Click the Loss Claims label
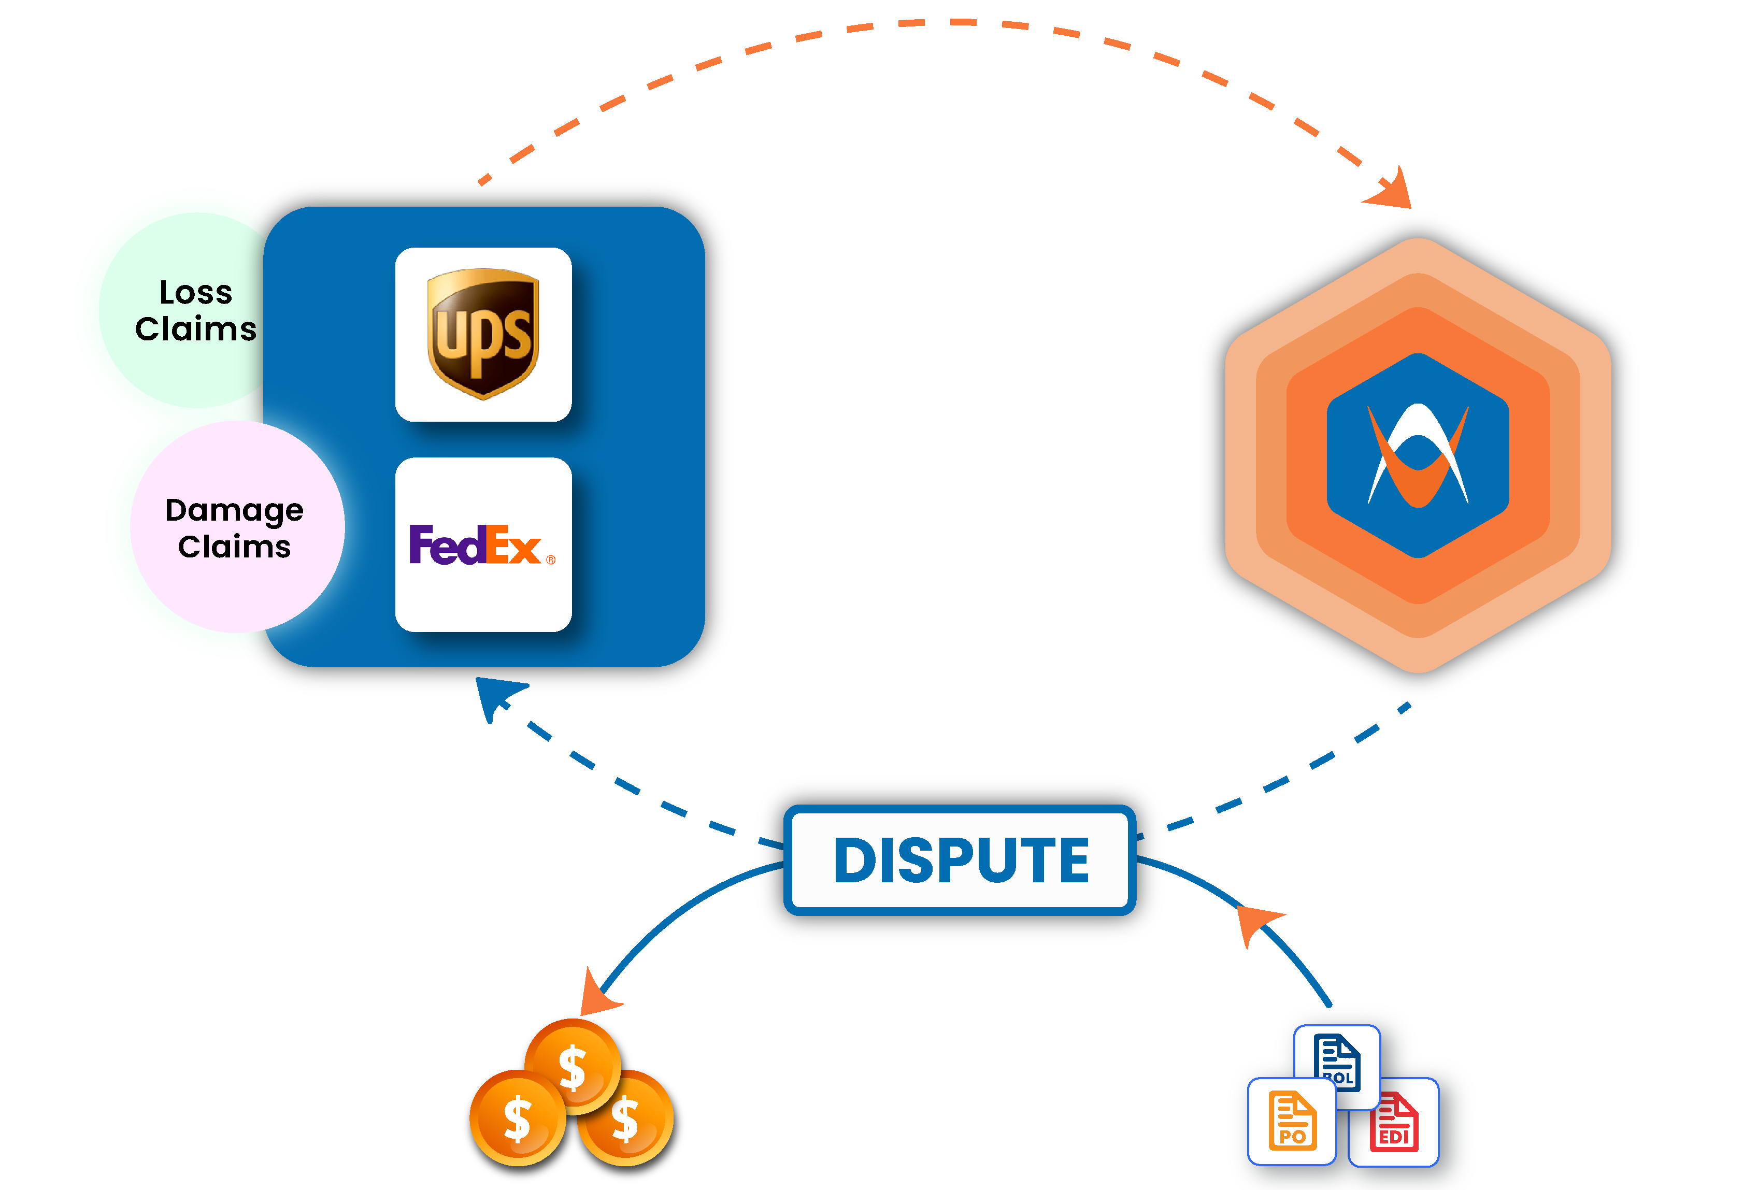pos(195,311)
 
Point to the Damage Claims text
pos(235,528)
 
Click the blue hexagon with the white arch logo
pos(1418,455)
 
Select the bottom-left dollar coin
pos(518,1118)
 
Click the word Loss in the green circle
pos(195,293)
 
